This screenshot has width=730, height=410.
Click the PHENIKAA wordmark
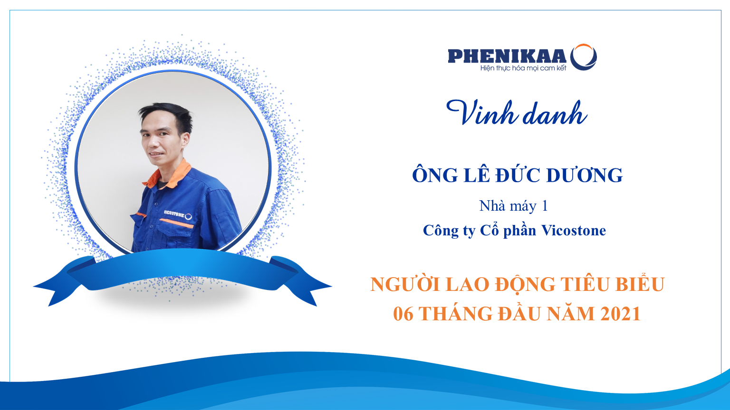[507, 56]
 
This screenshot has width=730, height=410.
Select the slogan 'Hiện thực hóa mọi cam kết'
[523, 68]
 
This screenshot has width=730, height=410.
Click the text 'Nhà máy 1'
[513, 206]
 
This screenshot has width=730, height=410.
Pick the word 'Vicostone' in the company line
[574, 230]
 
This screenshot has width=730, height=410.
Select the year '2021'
[621, 314]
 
